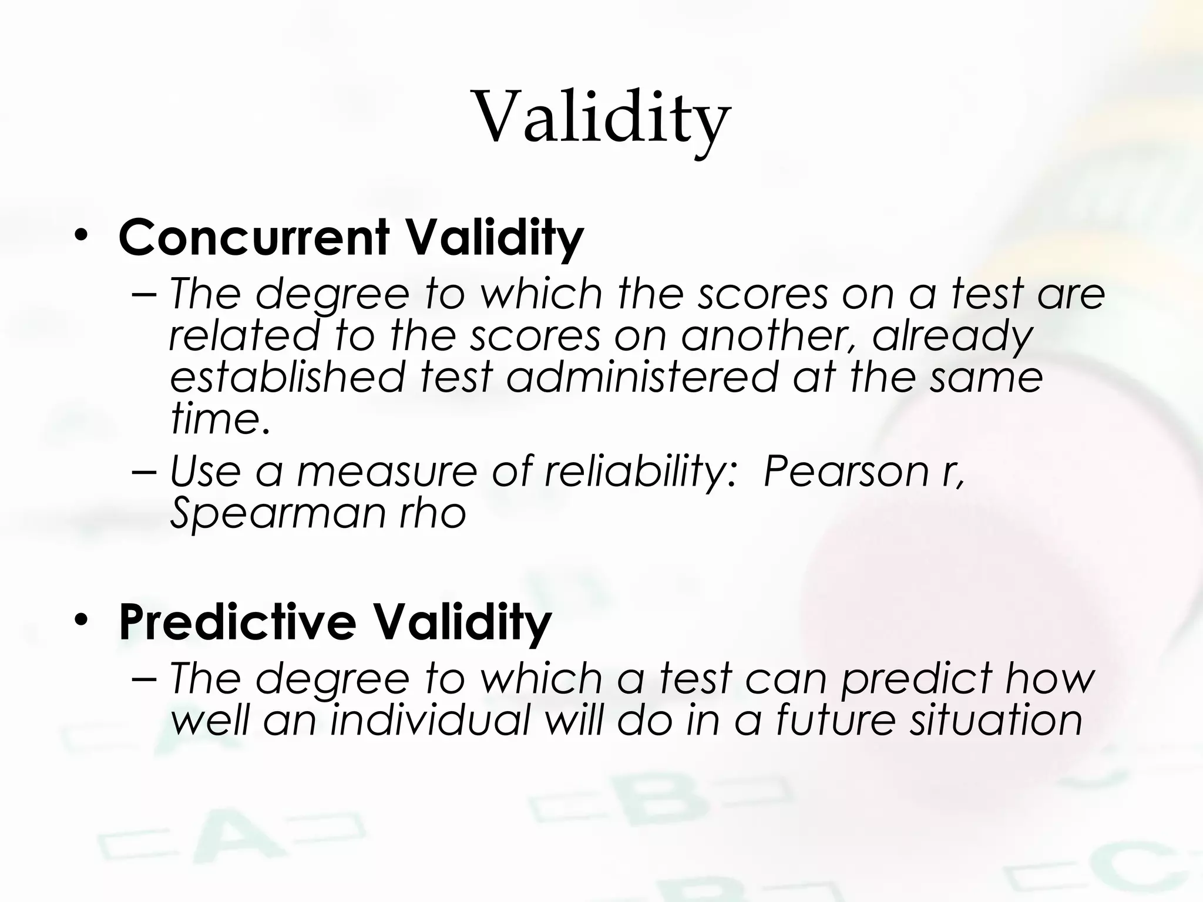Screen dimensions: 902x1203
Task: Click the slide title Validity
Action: [601, 117]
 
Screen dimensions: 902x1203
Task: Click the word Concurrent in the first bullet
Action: [254, 238]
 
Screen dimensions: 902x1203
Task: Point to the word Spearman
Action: [277, 513]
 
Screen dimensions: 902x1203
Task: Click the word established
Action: [288, 377]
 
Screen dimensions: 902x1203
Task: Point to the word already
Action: [952, 336]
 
